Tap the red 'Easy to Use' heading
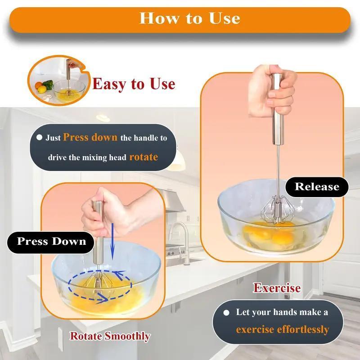[134, 83]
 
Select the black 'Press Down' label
[51, 241]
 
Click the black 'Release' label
[316, 186]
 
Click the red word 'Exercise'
[277, 288]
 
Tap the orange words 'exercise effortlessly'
[282, 329]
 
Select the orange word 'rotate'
[144, 157]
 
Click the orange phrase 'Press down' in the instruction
[90, 137]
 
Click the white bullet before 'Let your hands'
[229, 312]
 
